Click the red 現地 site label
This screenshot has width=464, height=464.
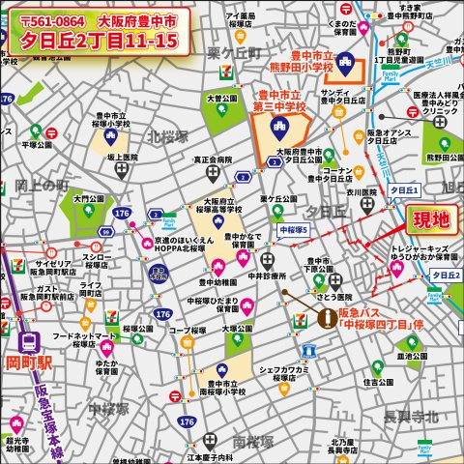(430, 220)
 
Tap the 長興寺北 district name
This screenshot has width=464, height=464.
(410, 416)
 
